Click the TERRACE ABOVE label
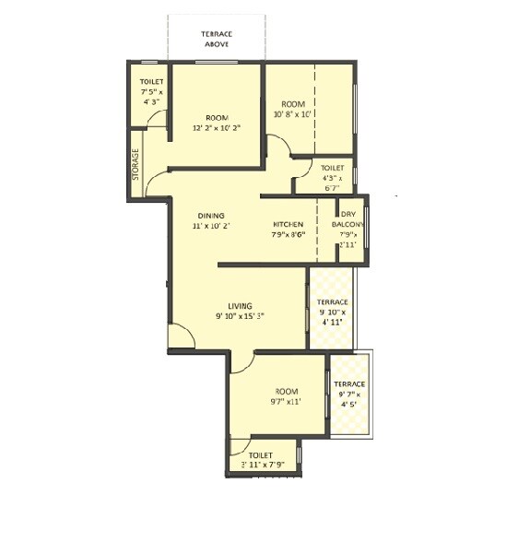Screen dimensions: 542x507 tap(217, 39)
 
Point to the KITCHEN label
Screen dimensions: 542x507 tap(289, 225)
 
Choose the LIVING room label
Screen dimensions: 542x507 tap(242, 305)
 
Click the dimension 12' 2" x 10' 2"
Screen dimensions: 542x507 tap(217, 129)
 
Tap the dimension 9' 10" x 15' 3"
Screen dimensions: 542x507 tap(241, 316)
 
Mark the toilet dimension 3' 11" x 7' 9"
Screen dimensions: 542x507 tap(263, 465)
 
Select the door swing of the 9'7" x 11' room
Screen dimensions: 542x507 tap(241, 363)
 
